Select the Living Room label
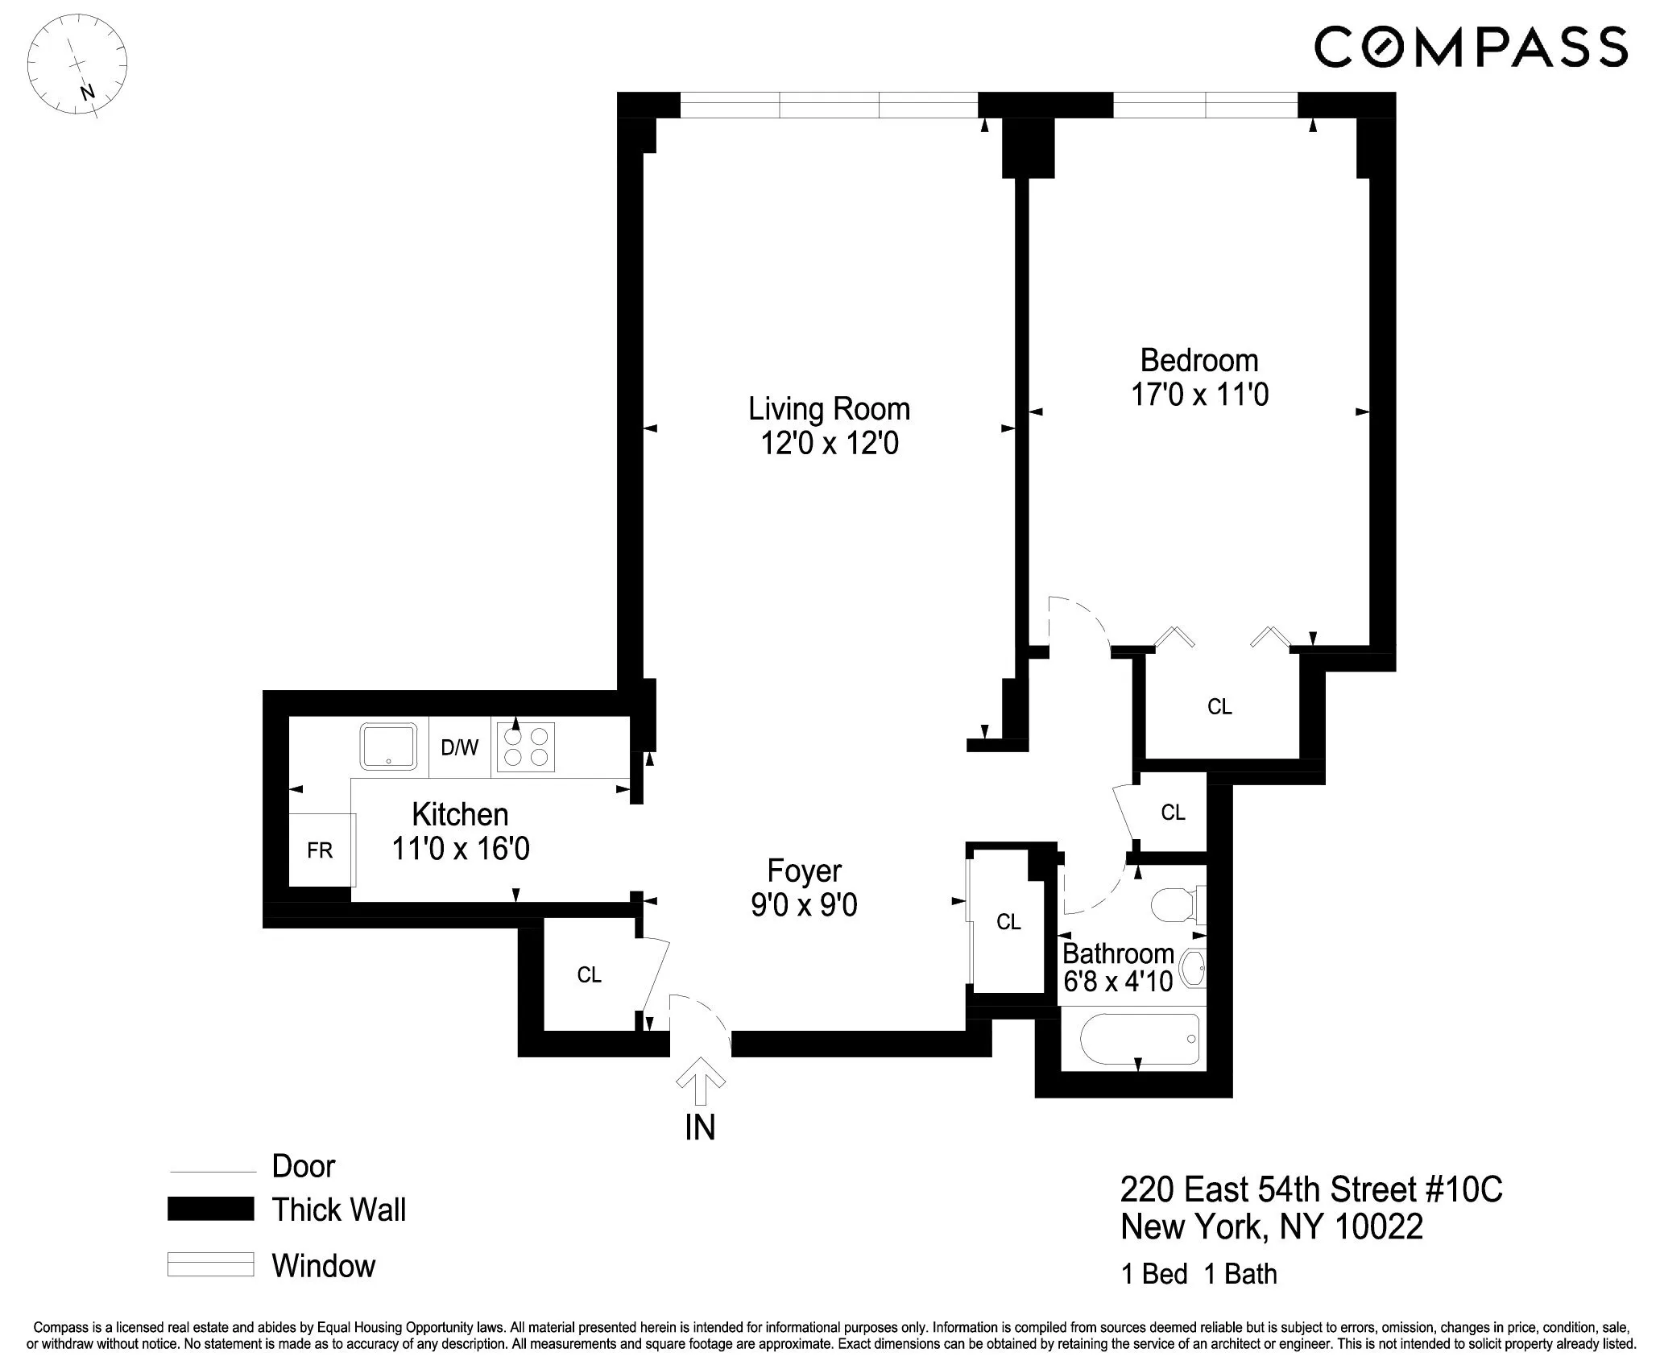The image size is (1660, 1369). coord(829,409)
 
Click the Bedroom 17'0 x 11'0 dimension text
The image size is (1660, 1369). coord(1199,395)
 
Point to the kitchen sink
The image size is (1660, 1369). coord(389,747)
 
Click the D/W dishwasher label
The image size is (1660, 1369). coord(459,748)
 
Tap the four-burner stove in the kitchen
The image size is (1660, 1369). coord(525,747)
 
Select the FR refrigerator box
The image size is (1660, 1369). coord(321,850)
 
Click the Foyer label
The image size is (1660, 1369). coord(804,871)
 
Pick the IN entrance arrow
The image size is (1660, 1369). coord(699,1082)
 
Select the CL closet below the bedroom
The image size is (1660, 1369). coord(1219,707)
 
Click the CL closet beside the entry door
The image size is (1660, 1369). coord(589,975)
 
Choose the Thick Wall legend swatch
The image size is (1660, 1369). coord(210,1210)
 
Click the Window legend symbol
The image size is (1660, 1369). coord(210,1264)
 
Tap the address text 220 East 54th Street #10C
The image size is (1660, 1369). coord(1311,1190)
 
